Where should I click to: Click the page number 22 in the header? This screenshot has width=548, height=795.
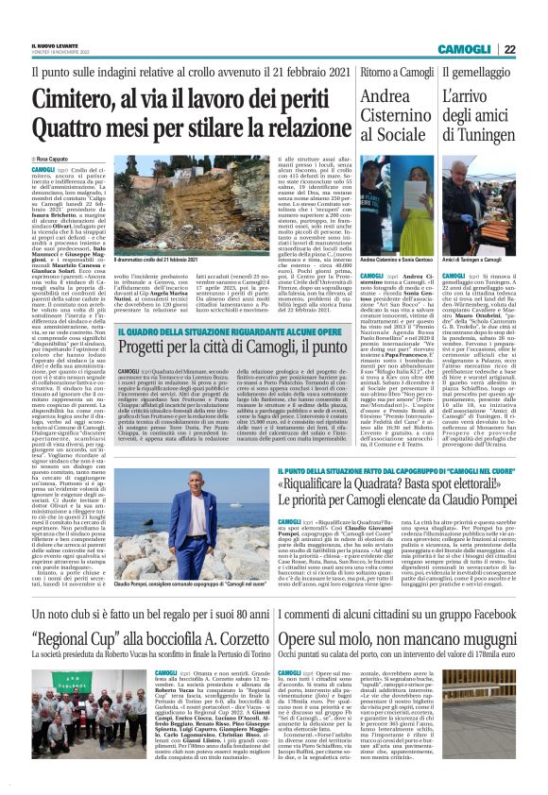pyautogui.click(x=535, y=49)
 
